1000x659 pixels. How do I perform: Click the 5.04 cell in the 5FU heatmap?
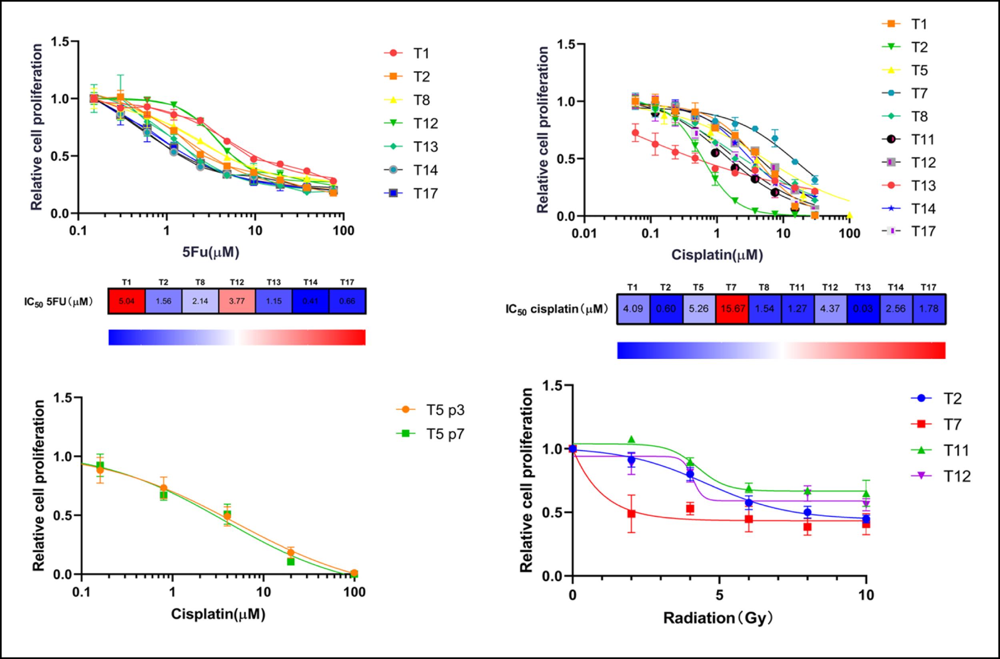click(x=126, y=301)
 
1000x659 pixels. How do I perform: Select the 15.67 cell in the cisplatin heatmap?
click(x=732, y=308)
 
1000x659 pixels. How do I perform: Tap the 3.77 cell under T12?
click(x=237, y=301)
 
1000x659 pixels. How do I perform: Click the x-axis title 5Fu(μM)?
click(x=210, y=252)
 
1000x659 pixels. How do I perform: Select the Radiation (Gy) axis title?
click(x=718, y=618)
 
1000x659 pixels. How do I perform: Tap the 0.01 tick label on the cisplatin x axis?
click(x=584, y=234)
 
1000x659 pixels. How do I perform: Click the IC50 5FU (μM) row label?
click(x=58, y=301)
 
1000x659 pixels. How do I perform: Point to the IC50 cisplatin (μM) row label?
click(x=557, y=309)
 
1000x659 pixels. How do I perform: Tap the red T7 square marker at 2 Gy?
click(x=631, y=514)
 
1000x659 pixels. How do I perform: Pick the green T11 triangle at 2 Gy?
click(x=631, y=440)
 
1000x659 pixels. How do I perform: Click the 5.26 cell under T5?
click(x=699, y=308)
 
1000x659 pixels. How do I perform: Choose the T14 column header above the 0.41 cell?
click(x=310, y=282)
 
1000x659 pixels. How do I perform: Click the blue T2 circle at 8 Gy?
click(x=807, y=512)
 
